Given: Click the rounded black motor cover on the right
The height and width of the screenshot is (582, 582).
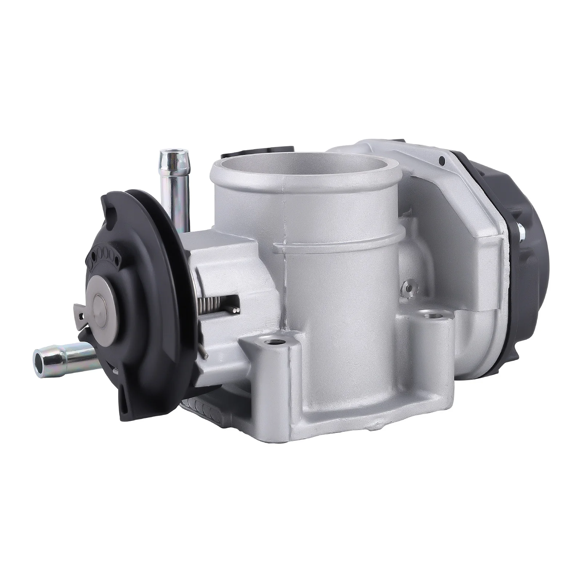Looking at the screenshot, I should click(x=538, y=236).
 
